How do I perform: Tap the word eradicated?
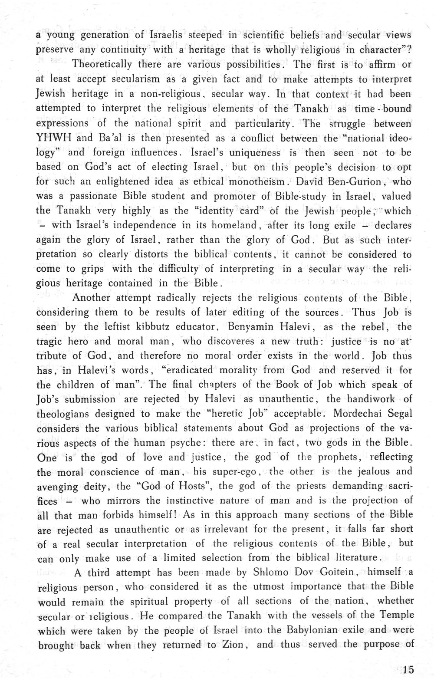[187, 370]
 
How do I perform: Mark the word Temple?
[396, 615]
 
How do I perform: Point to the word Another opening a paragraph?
[93, 298]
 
